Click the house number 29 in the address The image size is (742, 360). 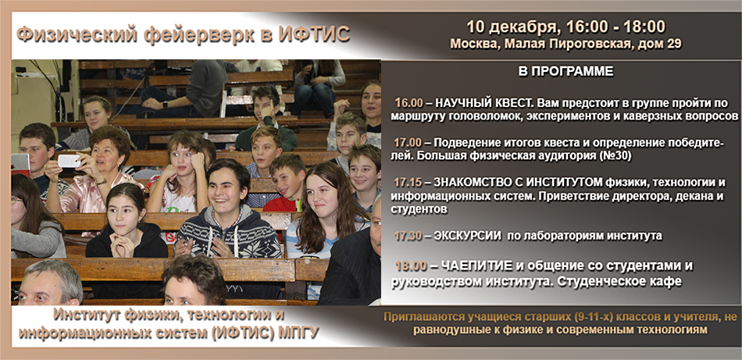pyautogui.click(x=674, y=44)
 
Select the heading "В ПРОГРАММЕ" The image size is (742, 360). pyautogui.click(x=565, y=71)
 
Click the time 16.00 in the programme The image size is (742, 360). pyautogui.click(x=409, y=103)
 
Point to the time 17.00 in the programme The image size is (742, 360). pyautogui.click(x=408, y=144)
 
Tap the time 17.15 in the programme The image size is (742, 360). pyautogui.click(x=408, y=182)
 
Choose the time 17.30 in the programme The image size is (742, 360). pyautogui.click(x=408, y=236)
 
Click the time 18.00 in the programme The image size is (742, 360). pyautogui.click(x=411, y=266)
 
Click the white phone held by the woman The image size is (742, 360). pyautogui.click(x=69, y=161)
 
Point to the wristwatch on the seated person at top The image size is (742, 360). pyautogui.click(x=164, y=104)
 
